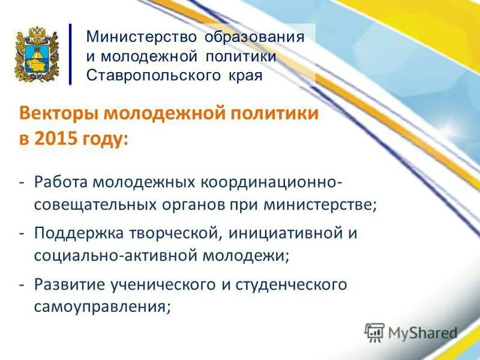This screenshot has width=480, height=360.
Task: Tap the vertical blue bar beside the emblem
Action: pos(70,54)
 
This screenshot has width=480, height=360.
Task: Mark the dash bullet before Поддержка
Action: pos(22,233)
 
